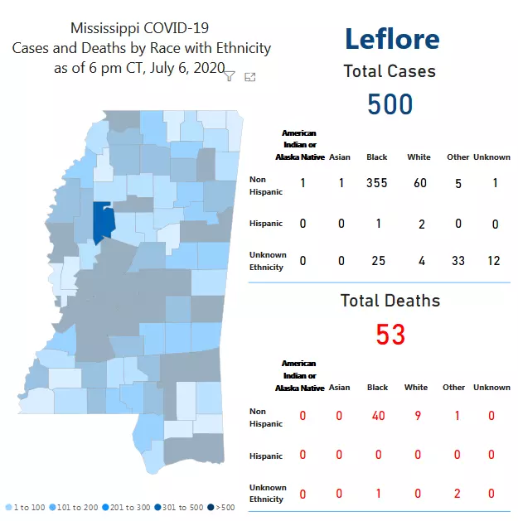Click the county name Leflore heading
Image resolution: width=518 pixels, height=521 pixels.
391,39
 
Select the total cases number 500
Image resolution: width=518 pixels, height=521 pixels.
390,104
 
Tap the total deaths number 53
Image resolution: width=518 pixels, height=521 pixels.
390,334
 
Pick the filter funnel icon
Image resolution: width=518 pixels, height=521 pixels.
230,76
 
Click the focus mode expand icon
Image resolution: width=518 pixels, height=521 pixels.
250,77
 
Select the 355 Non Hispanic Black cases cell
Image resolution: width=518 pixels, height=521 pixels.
377,182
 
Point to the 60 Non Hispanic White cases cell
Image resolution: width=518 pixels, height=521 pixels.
420,182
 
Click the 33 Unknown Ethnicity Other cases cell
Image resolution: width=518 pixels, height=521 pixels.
458,261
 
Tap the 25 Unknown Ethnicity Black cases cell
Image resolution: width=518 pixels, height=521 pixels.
378,261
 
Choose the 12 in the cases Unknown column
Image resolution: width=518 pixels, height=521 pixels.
494,261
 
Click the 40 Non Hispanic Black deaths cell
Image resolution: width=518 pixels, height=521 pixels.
378,415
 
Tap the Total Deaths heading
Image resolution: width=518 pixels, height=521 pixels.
390,301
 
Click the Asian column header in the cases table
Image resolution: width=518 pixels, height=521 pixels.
340,157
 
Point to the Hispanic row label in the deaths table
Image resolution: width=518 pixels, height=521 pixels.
266,456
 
